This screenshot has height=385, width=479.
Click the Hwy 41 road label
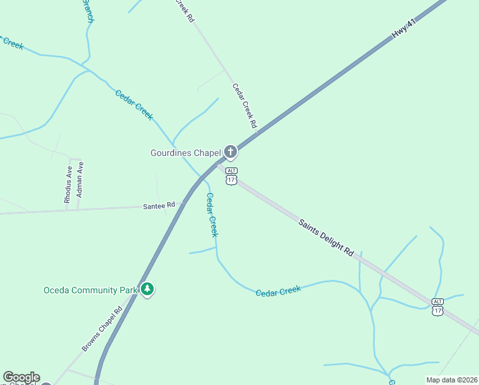pyautogui.click(x=404, y=30)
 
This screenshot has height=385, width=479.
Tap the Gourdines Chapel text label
pyautogui.click(x=185, y=153)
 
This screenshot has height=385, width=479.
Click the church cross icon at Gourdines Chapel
pyautogui.click(x=231, y=152)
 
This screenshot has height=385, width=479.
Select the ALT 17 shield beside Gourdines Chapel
pyautogui.click(x=231, y=176)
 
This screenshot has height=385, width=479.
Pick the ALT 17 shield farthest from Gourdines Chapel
pyautogui.click(x=437, y=307)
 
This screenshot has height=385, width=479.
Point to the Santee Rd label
pyautogui.click(x=158, y=205)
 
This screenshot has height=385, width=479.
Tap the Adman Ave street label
pyautogui.click(x=79, y=179)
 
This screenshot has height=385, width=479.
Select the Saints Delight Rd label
pyautogui.click(x=326, y=237)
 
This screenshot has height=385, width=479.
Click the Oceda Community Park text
pyautogui.click(x=90, y=290)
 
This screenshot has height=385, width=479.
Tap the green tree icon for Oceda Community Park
pyautogui.click(x=148, y=289)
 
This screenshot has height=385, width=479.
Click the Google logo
pyautogui.click(x=21, y=377)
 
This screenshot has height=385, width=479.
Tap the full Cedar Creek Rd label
pyautogui.click(x=244, y=105)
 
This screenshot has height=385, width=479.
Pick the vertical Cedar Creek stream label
pyautogui.click(x=211, y=215)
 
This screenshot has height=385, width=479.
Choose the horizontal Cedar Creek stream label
pyautogui.click(x=278, y=291)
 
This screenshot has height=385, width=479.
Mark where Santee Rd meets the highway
pyautogui.click(x=184, y=203)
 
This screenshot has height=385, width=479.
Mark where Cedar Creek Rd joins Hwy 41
pyautogui.click(x=259, y=130)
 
